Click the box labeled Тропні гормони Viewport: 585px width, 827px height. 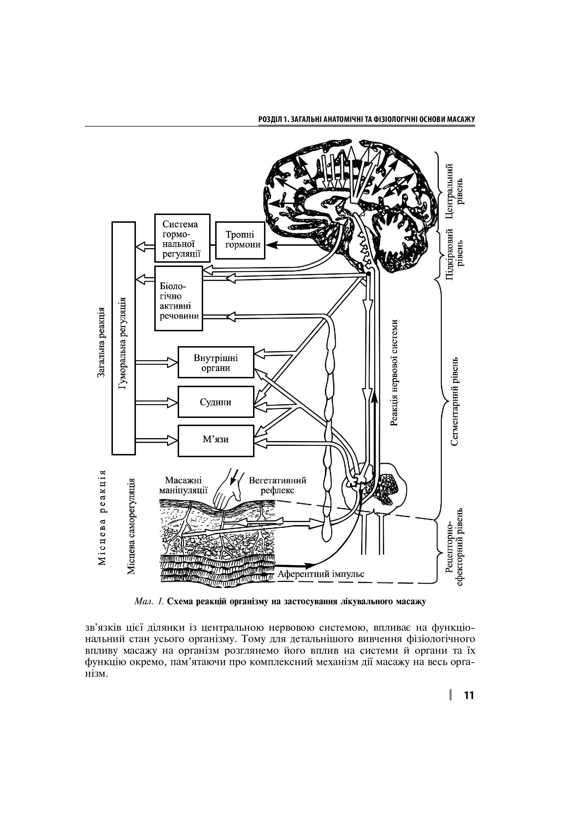tap(240, 240)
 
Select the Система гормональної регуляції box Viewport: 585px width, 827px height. tap(182, 238)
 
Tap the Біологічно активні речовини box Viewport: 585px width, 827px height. tap(178, 298)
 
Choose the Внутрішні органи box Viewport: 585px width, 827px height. tap(216, 362)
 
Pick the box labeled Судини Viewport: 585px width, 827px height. tap(216, 402)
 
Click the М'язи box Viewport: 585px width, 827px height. tap(216, 441)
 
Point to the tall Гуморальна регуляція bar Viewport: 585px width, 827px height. tap(124, 338)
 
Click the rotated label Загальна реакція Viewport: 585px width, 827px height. tap(101, 343)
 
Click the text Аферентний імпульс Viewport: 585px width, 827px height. tap(321, 574)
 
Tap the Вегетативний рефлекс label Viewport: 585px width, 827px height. tap(277, 485)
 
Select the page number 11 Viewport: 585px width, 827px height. tap(469, 695)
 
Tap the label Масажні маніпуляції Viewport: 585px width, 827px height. tap(183, 485)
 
